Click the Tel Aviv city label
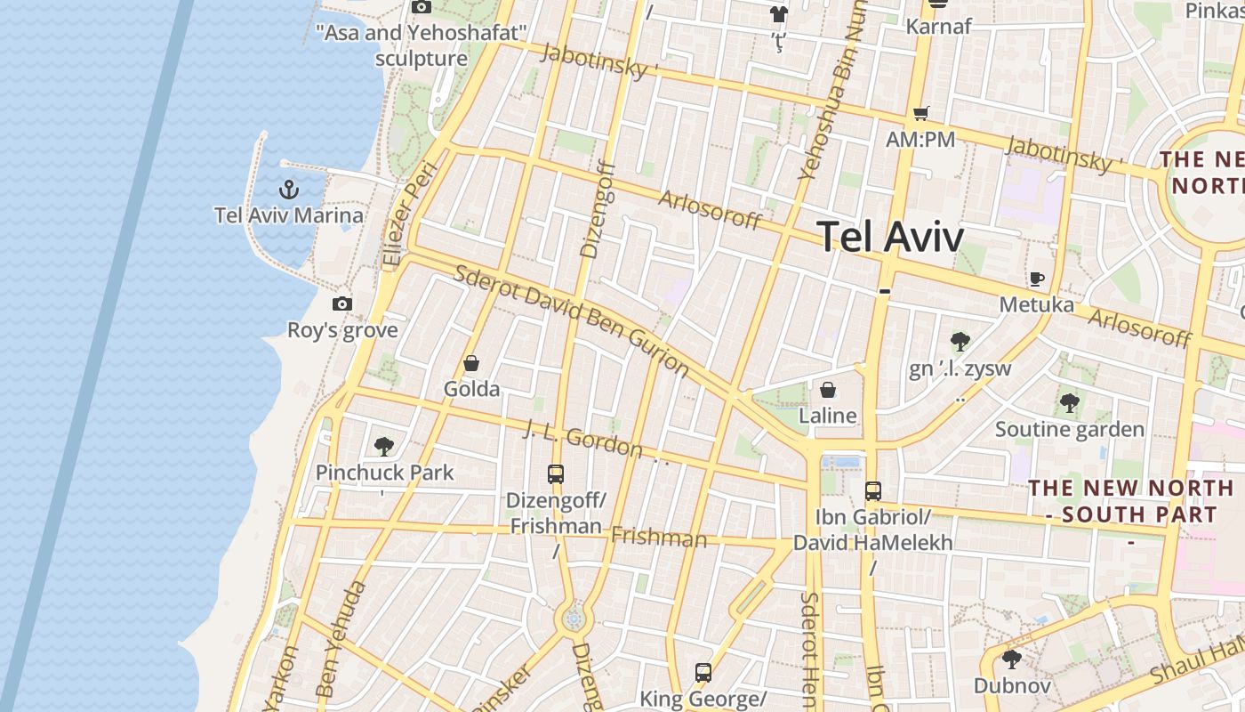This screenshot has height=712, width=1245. pyautogui.click(x=890, y=237)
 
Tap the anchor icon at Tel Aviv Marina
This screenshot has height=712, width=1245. pyautogui.click(x=288, y=189)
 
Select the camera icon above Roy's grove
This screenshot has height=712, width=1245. pyautogui.click(x=342, y=303)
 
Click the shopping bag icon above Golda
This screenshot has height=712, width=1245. pyautogui.click(x=471, y=363)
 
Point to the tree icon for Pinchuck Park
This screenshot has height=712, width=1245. pyautogui.click(x=384, y=446)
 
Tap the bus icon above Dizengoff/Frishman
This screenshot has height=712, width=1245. pyautogui.click(x=556, y=473)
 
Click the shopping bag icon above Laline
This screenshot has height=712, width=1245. pyautogui.click(x=828, y=390)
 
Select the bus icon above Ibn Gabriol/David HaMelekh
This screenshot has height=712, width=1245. pyautogui.click(x=873, y=490)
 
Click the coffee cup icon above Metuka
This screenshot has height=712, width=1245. pyautogui.click(x=1037, y=279)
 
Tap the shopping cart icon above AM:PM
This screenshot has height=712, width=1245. pyautogui.click(x=920, y=113)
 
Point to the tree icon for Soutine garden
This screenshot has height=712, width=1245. pyautogui.click(x=1069, y=403)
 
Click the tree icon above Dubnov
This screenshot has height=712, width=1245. pyautogui.click(x=1011, y=659)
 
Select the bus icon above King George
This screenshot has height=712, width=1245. pyautogui.click(x=703, y=672)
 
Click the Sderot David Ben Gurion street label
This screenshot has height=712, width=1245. pyautogui.click(x=571, y=320)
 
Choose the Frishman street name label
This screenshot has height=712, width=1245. pyautogui.click(x=659, y=537)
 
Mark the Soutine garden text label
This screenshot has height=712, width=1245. pyautogui.click(x=1070, y=430)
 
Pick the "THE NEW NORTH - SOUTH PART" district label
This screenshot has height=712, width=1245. pyautogui.click(x=1131, y=501)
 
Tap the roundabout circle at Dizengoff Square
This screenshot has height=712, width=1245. pyautogui.click(x=574, y=617)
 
